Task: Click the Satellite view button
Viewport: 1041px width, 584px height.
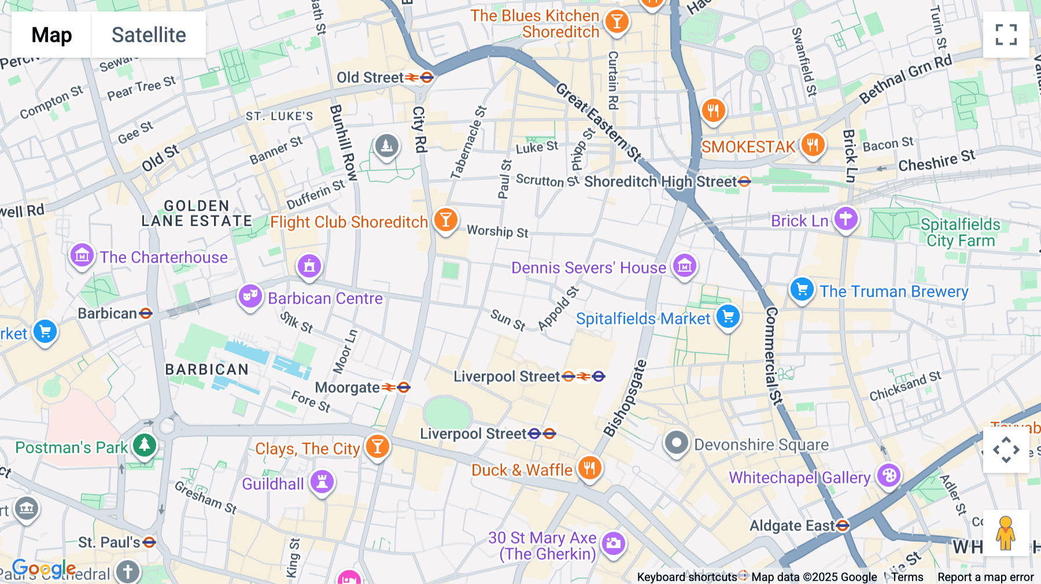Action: click(149, 35)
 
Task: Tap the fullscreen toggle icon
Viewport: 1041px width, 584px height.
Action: click(1006, 35)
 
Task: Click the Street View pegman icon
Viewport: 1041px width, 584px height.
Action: click(1006, 533)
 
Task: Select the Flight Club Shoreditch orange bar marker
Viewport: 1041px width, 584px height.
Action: click(445, 220)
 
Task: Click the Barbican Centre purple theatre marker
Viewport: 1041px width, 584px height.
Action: click(250, 297)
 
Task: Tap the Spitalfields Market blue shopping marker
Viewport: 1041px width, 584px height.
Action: click(728, 317)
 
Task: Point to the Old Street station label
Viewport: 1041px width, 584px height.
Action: click(370, 77)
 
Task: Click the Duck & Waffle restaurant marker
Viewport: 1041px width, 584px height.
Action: click(589, 468)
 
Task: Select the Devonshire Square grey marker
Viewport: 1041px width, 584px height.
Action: click(676, 443)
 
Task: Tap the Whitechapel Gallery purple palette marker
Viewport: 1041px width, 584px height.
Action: click(888, 476)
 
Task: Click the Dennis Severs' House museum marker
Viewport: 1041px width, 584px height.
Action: click(685, 267)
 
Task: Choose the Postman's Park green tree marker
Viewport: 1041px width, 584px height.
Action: click(144, 446)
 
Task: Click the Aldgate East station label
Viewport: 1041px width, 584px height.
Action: click(792, 526)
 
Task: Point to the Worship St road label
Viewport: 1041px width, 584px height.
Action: click(497, 231)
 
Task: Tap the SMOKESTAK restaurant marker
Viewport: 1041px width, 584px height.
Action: click(813, 145)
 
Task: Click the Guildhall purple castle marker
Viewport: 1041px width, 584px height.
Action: click(322, 482)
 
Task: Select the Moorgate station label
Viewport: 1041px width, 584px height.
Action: click(347, 387)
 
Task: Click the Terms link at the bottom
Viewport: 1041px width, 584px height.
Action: click(907, 576)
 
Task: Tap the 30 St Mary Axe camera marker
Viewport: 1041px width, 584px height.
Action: click(613, 544)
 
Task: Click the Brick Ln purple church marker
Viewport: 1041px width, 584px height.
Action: click(846, 219)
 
